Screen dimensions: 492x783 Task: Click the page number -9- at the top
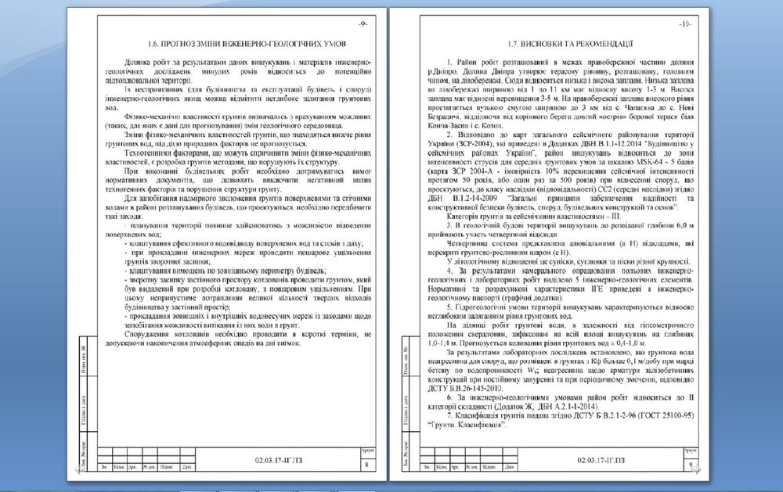[363, 24]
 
